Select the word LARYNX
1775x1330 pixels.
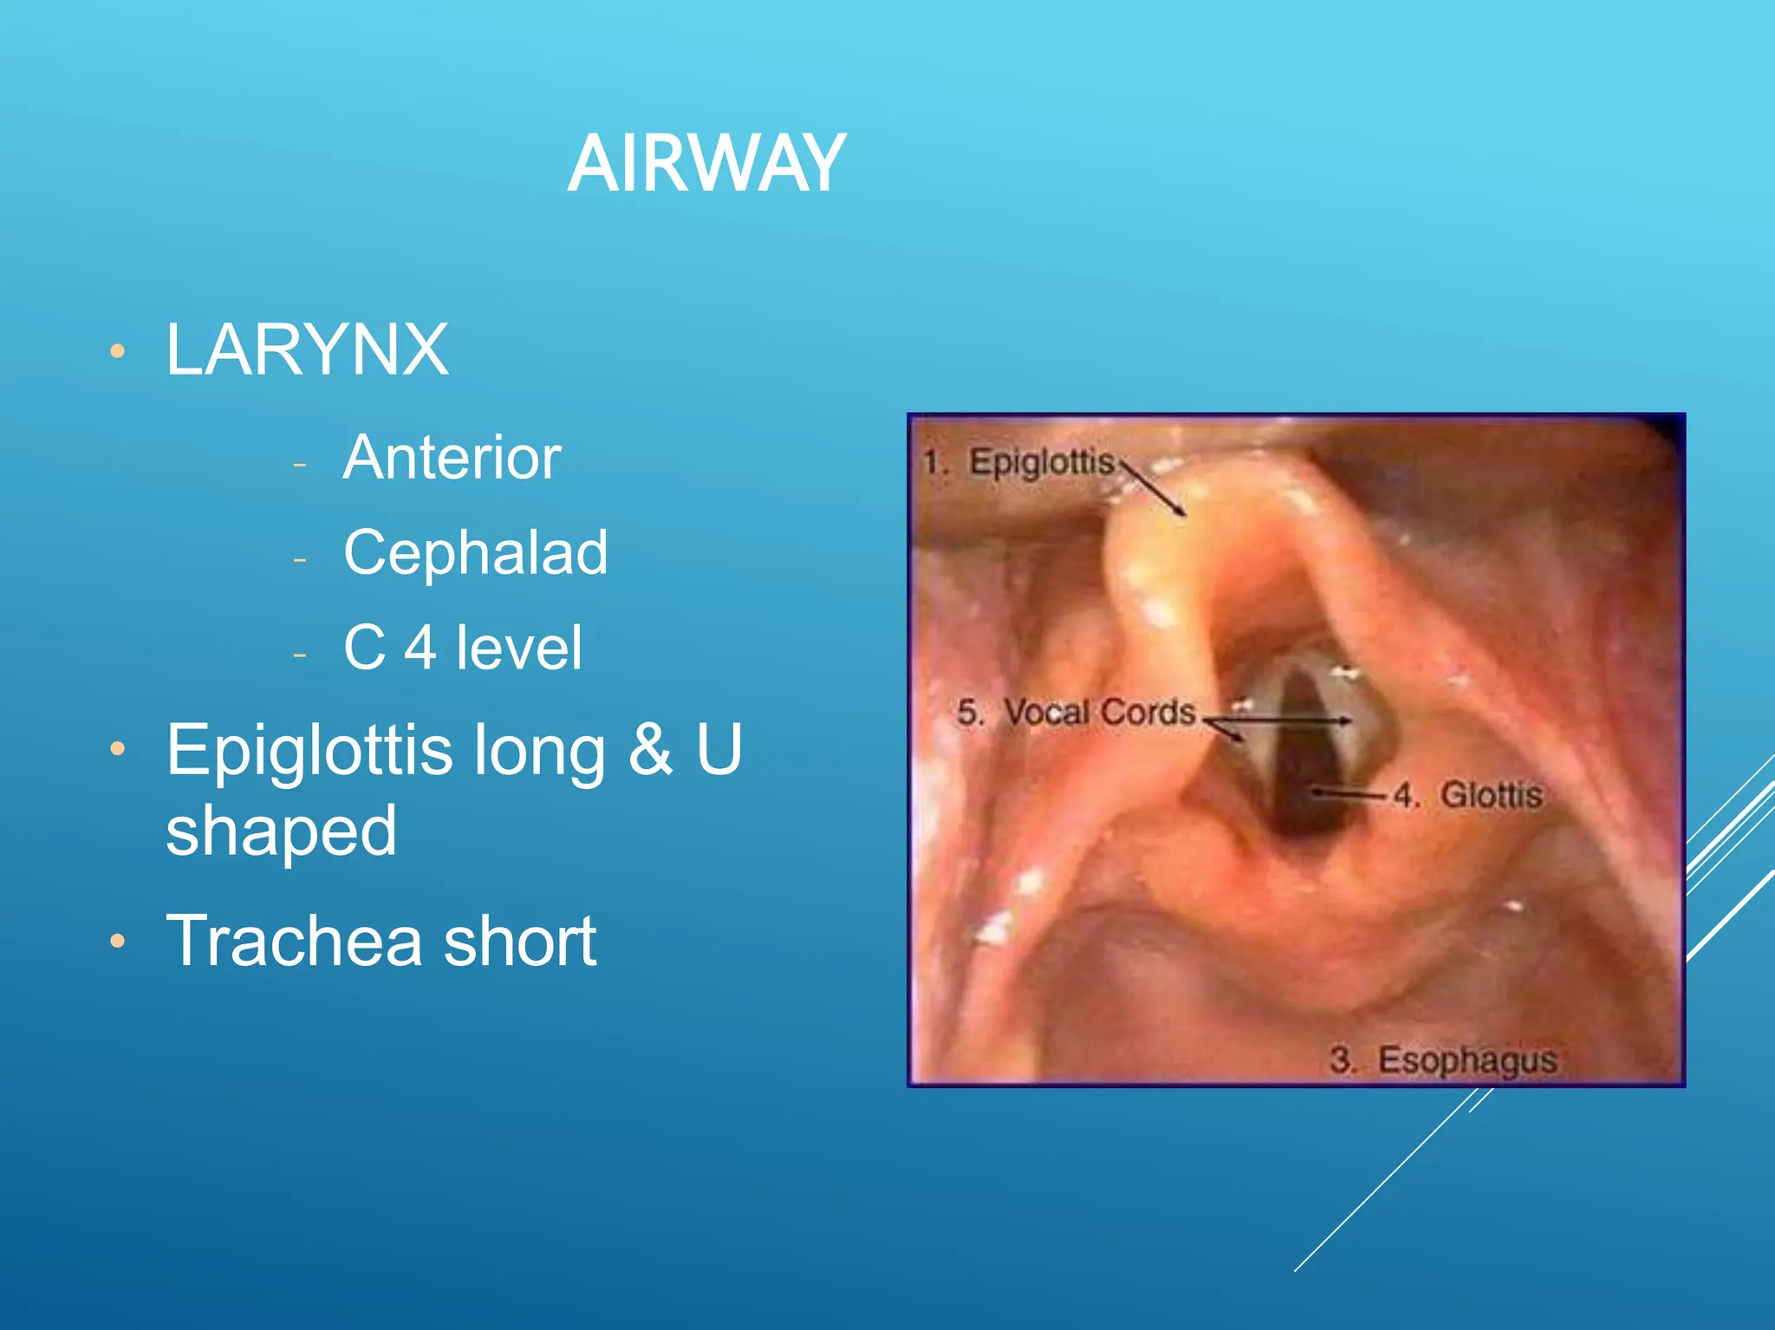pyautogui.click(x=307, y=349)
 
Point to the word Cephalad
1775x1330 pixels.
pyautogui.click(x=475, y=552)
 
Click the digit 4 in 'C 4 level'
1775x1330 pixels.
pyautogui.click(x=420, y=648)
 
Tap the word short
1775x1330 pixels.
pyautogui.click(x=520, y=941)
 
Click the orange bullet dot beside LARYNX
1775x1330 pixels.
pyautogui.click(x=118, y=352)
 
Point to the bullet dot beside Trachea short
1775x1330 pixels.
pyautogui.click(x=118, y=942)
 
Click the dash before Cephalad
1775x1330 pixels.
pyautogui.click(x=300, y=560)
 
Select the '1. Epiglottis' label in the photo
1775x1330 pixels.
pyautogui.click(x=1019, y=462)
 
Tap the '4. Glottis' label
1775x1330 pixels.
pyautogui.click(x=1468, y=795)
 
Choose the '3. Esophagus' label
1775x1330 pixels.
pyautogui.click(x=1443, y=1059)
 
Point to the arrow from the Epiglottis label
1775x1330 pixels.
pyautogui.click(x=1154, y=488)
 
